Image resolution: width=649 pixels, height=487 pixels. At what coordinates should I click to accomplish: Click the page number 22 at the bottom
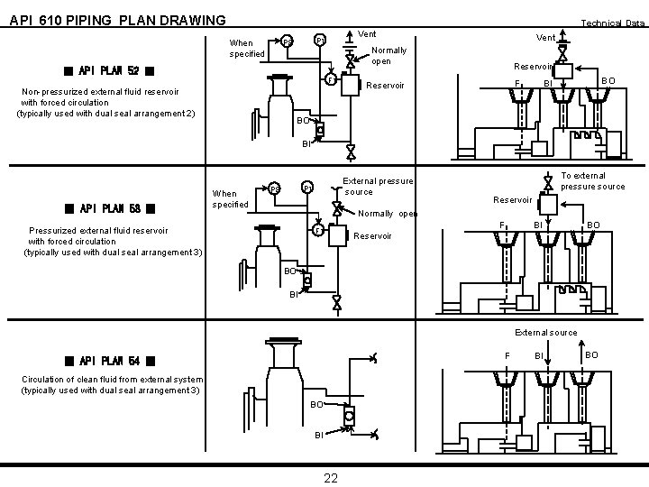pyautogui.click(x=331, y=477)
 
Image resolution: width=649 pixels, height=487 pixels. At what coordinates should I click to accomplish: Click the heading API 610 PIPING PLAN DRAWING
pyautogui.click(x=117, y=20)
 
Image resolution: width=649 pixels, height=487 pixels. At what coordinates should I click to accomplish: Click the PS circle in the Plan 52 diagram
pyautogui.click(x=286, y=42)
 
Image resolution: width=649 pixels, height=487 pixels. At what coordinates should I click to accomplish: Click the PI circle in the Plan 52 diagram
pyautogui.click(x=319, y=41)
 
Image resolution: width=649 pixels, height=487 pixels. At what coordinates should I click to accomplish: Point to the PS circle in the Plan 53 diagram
pyautogui.click(x=274, y=188)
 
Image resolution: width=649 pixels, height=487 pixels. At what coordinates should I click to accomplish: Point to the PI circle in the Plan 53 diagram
pyautogui.click(x=307, y=188)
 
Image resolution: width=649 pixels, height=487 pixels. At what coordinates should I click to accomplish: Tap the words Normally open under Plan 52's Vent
pyautogui.click(x=389, y=56)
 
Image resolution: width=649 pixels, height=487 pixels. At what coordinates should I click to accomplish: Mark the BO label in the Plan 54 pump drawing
pyautogui.click(x=316, y=406)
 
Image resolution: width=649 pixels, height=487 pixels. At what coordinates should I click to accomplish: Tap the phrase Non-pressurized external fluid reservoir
pyautogui.click(x=100, y=92)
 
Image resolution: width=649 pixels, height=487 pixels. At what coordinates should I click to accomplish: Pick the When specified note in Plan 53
pyautogui.click(x=230, y=198)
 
